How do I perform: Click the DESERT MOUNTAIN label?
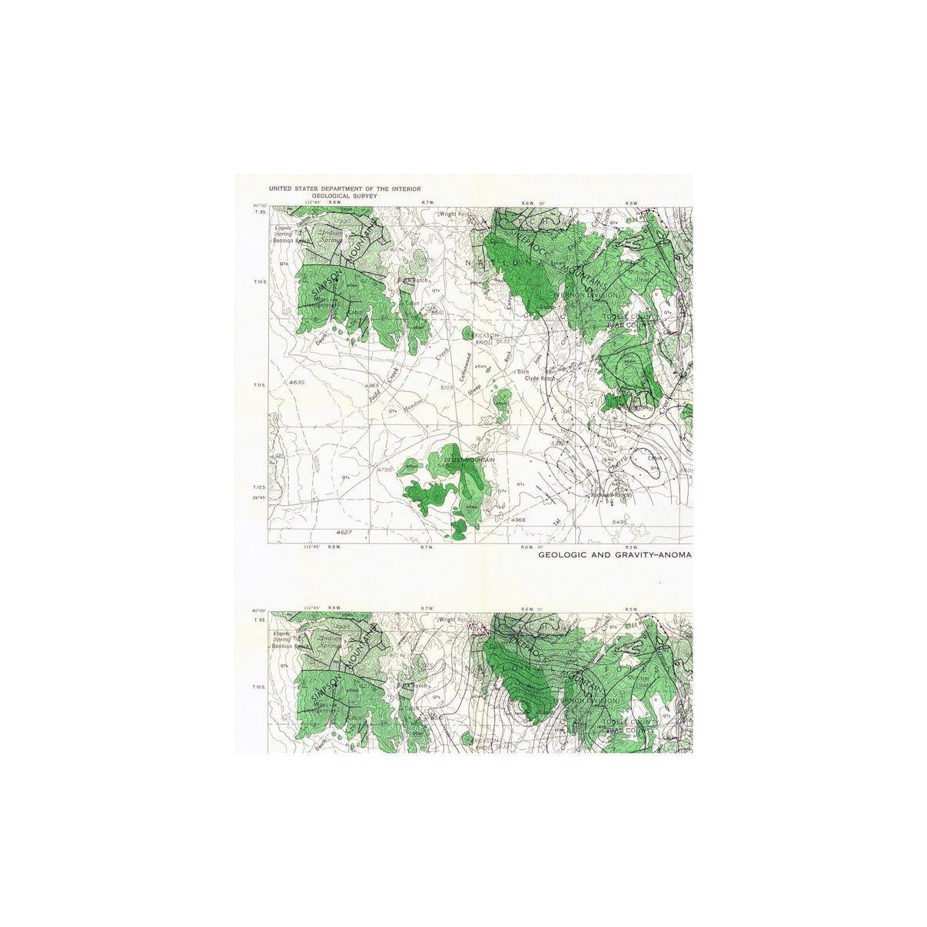coord(469,460)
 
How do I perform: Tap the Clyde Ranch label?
coord(540,378)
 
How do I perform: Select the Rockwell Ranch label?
coord(611,495)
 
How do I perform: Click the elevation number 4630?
coord(297,382)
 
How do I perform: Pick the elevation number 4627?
coord(344,532)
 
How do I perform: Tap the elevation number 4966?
coord(519,521)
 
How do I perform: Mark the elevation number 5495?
coord(620,522)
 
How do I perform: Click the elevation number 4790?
coord(384,469)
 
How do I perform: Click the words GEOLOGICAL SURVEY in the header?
coord(344,196)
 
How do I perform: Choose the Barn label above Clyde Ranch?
coord(523,371)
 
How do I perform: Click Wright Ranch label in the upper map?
coord(455,214)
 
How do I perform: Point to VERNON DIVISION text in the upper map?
coord(590,295)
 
